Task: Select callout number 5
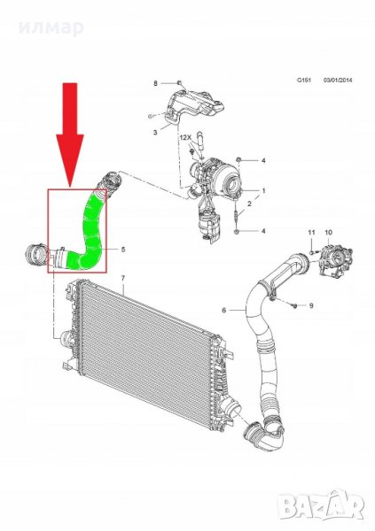pos(123,250)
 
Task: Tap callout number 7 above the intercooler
pos(123,278)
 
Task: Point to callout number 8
pos(156,83)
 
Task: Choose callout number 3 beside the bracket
pos(155,133)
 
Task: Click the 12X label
pos(185,137)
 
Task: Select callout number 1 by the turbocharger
pos(263,191)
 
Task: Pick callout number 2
pos(249,204)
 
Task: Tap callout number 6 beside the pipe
pos(223,311)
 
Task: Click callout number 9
pos(311,306)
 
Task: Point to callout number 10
pos(329,233)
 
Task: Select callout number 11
pos(311,233)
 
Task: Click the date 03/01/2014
pos(338,81)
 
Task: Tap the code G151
pos(304,81)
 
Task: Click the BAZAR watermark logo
pos(320,506)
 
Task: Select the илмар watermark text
pos(51,27)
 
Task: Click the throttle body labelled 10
pos(335,260)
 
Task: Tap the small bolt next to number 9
pos(294,305)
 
